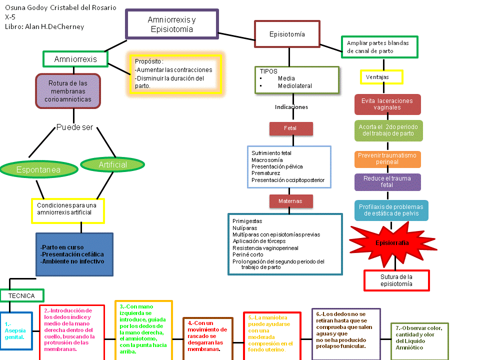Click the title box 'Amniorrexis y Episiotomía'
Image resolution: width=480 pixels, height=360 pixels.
172,24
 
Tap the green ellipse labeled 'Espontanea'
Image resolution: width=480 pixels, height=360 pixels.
38,169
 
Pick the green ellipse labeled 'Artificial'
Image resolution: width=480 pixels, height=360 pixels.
113,164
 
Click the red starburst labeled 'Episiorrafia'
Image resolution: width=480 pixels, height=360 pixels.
392,242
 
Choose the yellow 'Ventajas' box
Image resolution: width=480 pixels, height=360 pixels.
381,77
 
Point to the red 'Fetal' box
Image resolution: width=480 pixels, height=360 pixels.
290,128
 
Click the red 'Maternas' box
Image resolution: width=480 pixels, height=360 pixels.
291,201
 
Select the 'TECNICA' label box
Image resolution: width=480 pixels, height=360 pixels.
21,295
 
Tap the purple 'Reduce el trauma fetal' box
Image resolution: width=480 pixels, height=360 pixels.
388,182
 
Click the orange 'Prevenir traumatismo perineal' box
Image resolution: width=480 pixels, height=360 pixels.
388,159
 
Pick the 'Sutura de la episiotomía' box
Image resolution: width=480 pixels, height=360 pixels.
396,280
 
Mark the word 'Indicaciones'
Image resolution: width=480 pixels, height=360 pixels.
291,107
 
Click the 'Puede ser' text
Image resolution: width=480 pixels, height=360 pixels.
74,127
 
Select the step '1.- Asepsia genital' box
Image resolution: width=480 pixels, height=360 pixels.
16,330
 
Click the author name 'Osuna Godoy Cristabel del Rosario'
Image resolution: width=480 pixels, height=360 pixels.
60,8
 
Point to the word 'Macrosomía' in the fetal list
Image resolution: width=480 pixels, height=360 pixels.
268,160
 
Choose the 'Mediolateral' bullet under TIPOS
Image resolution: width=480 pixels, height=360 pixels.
294,86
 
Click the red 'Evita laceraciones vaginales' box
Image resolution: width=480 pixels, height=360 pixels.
387,104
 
